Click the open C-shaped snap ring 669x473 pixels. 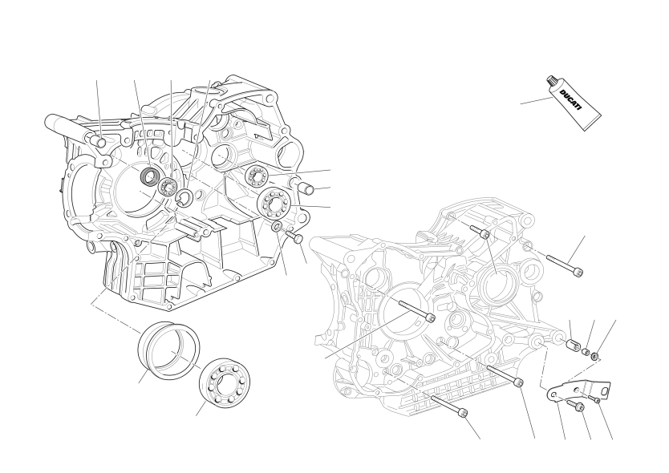[184, 196]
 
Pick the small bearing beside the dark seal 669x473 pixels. [168, 186]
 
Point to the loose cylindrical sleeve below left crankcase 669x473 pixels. [168, 350]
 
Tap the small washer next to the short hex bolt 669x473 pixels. [277, 226]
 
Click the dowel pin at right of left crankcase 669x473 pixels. [303, 186]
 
